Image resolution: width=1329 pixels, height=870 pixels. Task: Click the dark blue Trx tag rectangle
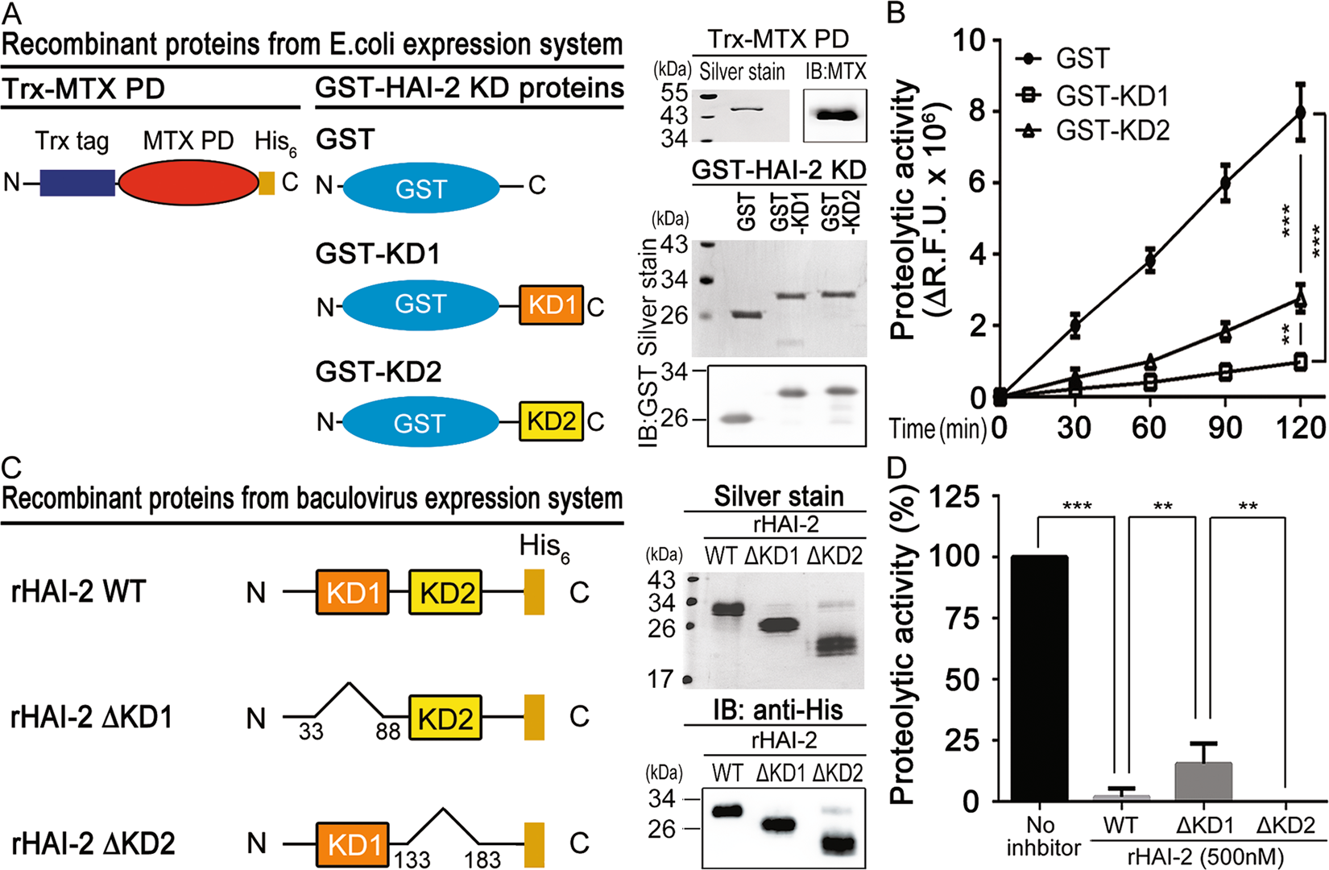click(77, 183)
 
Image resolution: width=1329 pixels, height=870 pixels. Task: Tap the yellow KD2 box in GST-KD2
click(551, 421)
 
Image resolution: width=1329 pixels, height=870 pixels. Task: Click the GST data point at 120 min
click(1300, 112)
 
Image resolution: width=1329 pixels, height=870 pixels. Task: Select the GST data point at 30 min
click(1074, 325)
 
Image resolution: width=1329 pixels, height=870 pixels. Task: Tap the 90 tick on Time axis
click(1224, 428)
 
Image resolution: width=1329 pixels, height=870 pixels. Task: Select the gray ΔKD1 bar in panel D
click(1203, 781)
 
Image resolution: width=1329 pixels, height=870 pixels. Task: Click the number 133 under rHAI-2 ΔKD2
click(412, 860)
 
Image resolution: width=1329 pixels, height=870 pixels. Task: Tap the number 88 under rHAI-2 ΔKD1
click(387, 732)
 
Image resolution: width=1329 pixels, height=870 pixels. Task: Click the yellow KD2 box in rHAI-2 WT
click(445, 593)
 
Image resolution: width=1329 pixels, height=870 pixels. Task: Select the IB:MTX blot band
click(835, 115)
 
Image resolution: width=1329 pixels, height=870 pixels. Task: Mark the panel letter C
click(11, 467)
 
